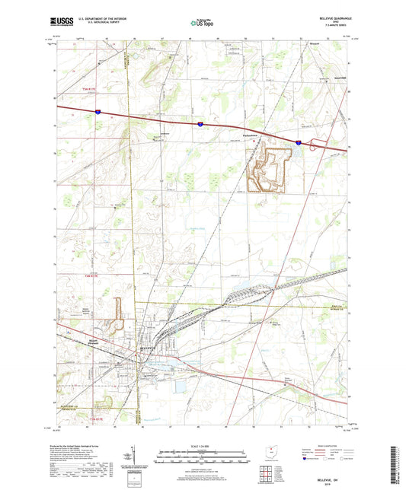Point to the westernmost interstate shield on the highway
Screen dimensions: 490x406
pyautogui.click(x=98, y=112)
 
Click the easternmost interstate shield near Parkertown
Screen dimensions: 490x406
pyautogui.click(x=298, y=142)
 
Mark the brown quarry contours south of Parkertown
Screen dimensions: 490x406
pyautogui.click(x=268, y=167)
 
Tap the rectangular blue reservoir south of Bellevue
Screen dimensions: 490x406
pyautogui.click(x=181, y=387)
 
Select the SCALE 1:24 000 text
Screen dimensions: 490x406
pyautogui.click(x=202, y=445)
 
